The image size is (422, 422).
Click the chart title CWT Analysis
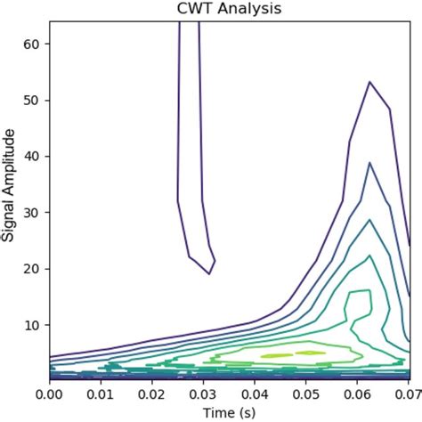coord(229,10)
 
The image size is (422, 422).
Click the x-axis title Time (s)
coord(229,412)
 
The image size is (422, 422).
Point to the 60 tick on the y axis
coord(34,44)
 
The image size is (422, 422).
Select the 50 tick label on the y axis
coord(34,100)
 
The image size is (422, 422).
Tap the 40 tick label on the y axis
coord(34,156)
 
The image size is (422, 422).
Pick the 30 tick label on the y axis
coord(34,212)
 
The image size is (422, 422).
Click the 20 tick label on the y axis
coord(34,268)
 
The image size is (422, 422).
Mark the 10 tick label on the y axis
coord(34,324)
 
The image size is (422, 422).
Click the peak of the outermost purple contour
coord(369,82)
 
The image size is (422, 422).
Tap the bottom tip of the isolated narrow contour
coord(208,273)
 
